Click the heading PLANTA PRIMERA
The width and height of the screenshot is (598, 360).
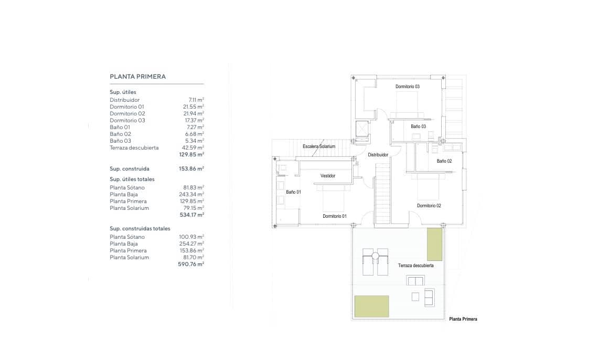pos(137,77)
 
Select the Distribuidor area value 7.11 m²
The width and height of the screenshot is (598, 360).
pos(196,100)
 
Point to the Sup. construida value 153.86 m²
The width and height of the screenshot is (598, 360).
pos(191,168)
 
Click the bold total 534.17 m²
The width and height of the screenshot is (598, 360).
pos(192,215)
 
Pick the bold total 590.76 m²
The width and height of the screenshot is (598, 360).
pos(191,264)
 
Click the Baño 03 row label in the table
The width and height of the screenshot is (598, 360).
pos(121,141)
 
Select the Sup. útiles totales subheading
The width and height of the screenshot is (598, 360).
pos(132,179)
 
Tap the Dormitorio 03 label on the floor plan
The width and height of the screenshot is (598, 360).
pos(407,87)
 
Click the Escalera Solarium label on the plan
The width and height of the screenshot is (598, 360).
pos(319,146)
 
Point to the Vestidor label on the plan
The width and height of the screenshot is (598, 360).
pos(328,176)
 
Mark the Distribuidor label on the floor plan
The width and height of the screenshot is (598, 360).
pos(378,155)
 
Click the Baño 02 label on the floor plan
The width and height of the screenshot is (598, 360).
pos(444,161)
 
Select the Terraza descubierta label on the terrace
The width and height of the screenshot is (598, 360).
pos(415,266)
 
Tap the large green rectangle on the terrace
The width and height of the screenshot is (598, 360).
pos(372,306)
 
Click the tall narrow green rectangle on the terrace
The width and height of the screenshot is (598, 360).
pos(435,245)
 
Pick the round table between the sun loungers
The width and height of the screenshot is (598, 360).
pos(375,256)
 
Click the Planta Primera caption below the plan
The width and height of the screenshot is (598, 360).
pos(463,319)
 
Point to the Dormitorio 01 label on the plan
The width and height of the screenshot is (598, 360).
pos(335,216)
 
